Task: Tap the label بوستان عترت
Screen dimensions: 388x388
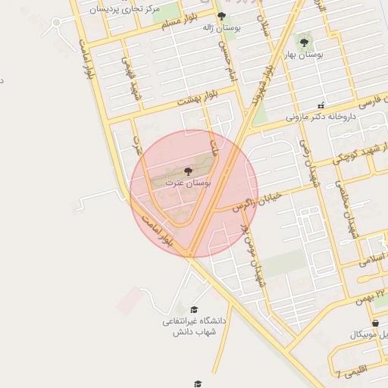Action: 188,183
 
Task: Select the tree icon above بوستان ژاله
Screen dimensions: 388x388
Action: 221,16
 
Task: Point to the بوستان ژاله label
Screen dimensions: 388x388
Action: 221,27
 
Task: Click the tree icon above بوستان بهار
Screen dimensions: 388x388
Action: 304,43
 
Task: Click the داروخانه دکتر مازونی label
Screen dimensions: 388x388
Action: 321,117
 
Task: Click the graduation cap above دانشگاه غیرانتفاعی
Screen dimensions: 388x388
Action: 193,310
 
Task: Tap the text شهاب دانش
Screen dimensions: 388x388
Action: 195,332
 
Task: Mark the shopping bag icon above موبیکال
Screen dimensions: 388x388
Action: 377,323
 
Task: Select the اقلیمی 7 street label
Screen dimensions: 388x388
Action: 349,371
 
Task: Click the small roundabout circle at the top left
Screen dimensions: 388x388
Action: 56,22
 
